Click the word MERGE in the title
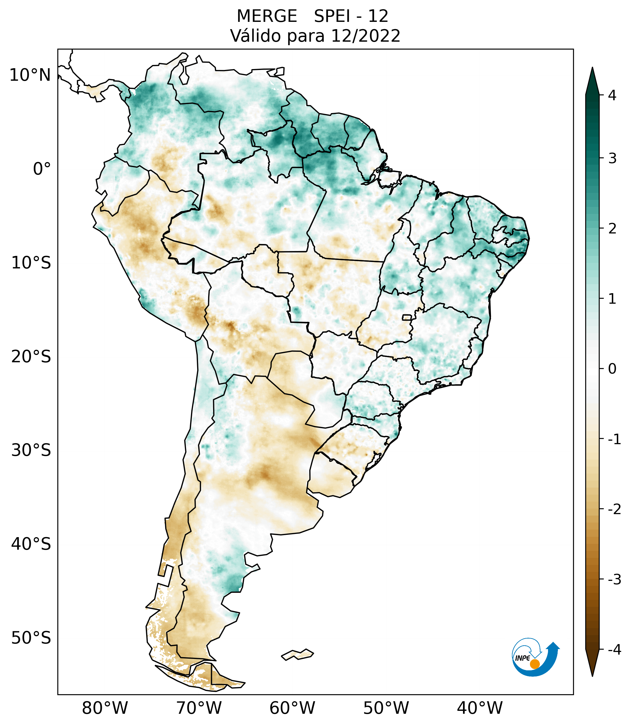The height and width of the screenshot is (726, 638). [266, 16]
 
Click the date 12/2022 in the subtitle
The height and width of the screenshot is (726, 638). [365, 36]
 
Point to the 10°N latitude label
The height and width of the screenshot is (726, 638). [30, 75]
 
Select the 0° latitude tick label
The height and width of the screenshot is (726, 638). [42, 169]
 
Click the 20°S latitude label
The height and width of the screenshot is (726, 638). [31, 357]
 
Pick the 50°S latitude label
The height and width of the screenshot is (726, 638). [31, 638]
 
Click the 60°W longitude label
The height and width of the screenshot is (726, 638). [292, 708]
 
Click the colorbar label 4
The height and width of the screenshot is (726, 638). [612, 95]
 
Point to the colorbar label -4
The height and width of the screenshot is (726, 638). [614, 650]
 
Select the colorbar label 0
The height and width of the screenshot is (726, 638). [612, 369]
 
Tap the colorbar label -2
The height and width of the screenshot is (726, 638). [614, 509]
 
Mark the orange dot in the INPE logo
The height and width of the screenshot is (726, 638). [534, 664]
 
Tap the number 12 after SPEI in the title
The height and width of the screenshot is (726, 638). [378, 16]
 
